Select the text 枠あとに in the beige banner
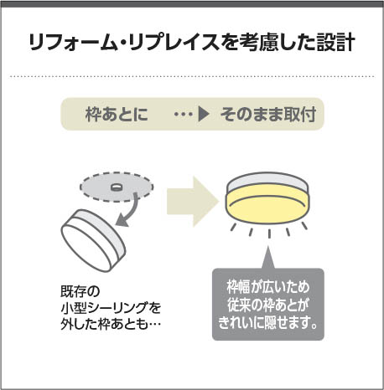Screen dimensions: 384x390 [x=117, y=114]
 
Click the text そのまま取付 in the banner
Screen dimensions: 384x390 [x=268, y=114]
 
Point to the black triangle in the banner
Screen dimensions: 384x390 [x=204, y=114]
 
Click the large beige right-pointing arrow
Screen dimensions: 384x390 [x=193, y=201]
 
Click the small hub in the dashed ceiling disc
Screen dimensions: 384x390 [x=117, y=187]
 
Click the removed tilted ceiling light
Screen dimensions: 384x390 [x=93, y=240]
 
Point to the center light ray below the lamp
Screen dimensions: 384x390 [x=269, y=233]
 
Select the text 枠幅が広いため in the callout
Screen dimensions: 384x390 [x=268, y=287]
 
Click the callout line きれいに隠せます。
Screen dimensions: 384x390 [x=268, y=322]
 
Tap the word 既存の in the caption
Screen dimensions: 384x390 [x=80, y=292]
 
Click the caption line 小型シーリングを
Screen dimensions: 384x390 [x=111, y=308]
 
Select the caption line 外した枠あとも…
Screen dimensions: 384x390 [x=111, y=324]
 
